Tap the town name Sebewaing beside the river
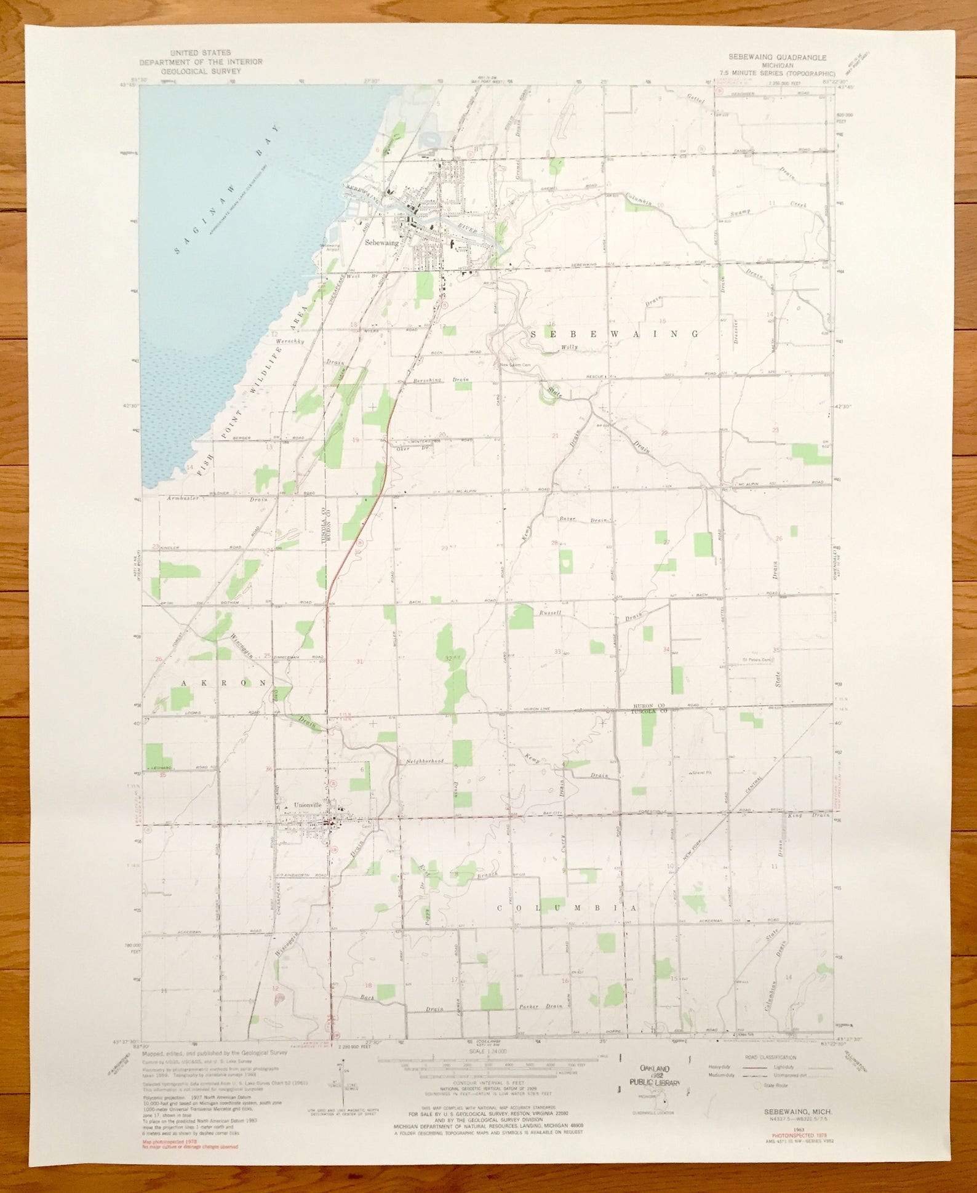(381, 242)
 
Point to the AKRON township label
(224, 683)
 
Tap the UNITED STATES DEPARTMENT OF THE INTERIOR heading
(201, 62)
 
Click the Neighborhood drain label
(424, 761)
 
